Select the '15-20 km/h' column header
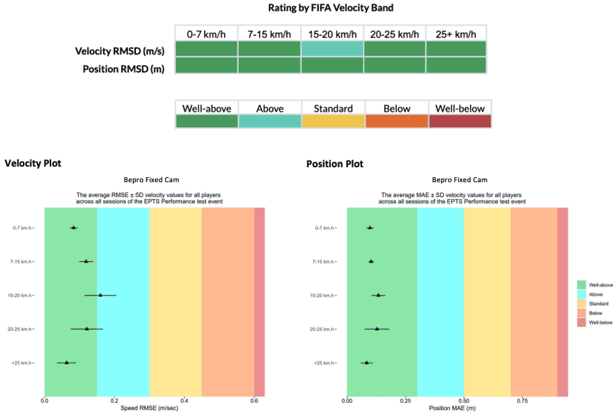(331, 33)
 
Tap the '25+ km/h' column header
(456, 33)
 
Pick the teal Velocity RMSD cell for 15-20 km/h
(331, 49)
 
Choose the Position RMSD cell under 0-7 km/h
(206, 65)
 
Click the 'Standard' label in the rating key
(333, 108)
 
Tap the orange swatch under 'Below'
(396, 121)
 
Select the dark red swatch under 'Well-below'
(460, 121)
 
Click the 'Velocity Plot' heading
(33, 164)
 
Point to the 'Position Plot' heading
(334, 164)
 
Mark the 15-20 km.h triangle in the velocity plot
(100, 295)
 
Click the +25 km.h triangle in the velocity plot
(67, 362)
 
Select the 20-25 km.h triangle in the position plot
(377, 329)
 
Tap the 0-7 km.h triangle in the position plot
(370, 228)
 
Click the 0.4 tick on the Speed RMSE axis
(184, 401)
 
